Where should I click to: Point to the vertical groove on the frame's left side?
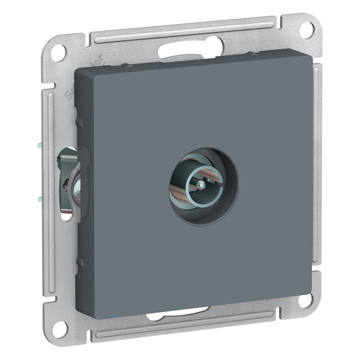(47, 180)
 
